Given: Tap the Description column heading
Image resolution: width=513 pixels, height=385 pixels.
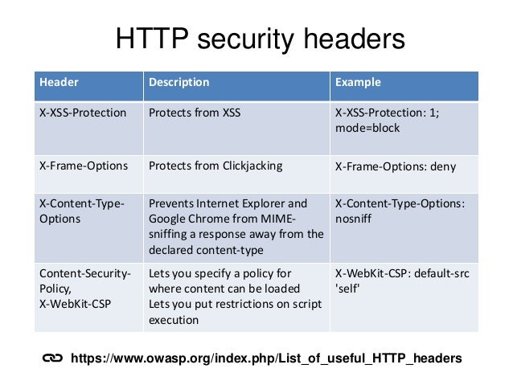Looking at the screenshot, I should tap(179, 83).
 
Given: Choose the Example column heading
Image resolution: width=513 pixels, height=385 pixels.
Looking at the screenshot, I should tap(358, 83).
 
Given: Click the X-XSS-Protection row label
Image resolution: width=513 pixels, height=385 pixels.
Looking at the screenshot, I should tap(83, 113).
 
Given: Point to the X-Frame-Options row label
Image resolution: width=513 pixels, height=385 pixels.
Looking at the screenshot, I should tap(84, 166).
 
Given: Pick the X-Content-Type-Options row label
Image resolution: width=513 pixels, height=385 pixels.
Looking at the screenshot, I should tap(81, 211).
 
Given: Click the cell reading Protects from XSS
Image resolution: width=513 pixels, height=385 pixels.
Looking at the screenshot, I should tap(195, 113).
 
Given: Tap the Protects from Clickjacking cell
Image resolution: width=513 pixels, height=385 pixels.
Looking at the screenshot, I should tap(215, 166).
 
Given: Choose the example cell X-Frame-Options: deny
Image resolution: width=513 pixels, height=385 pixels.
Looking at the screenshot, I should tap(396, 167).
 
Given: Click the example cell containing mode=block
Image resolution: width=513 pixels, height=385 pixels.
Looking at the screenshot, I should tap(367, 129).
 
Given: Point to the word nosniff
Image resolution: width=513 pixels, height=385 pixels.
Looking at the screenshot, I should tap(355, 219).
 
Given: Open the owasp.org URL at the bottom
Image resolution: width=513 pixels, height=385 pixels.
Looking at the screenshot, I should tap(266, 358).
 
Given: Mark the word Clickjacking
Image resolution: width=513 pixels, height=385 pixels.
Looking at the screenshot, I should tap(250, 166).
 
